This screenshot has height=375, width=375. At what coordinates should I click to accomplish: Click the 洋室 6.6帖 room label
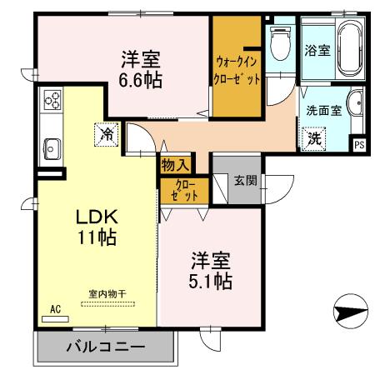(x=140, y=69)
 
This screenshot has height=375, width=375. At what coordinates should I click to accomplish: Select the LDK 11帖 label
(x=97, y=226)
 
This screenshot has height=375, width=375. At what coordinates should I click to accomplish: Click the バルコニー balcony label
(x=105, y=347)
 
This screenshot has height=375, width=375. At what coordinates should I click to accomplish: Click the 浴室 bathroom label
(x=317, y=50)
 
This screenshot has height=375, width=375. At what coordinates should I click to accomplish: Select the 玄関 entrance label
(x=245, y=180)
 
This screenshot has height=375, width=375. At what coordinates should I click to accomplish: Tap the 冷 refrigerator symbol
(x=107, y=134)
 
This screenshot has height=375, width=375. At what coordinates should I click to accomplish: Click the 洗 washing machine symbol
(x=315, y=138)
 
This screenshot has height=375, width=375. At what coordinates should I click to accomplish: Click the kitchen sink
(x=49, y=150)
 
